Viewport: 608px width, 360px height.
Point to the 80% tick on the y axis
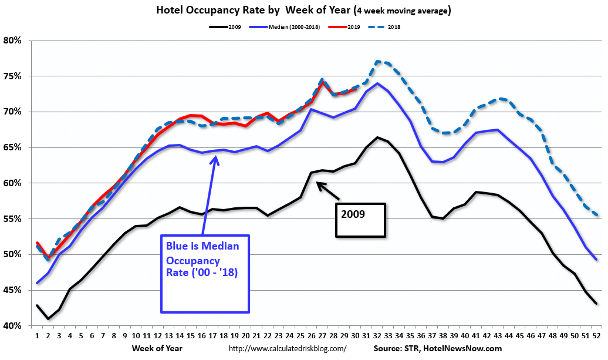tap(13, 41)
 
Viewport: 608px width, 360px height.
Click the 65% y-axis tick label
tap(13, 147)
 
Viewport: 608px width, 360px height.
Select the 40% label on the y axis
tap(13, 326)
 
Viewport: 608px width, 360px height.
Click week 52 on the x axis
tap(596, 337)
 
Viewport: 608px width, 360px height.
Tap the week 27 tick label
tap(322, 337)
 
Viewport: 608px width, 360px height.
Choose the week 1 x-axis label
tap(37, 337)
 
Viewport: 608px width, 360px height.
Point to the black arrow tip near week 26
tap(317, 183)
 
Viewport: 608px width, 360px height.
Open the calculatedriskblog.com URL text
tap(287, 348)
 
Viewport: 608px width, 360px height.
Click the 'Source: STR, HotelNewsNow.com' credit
tap(437, 348)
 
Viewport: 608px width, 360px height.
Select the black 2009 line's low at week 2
tap(48, 318)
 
